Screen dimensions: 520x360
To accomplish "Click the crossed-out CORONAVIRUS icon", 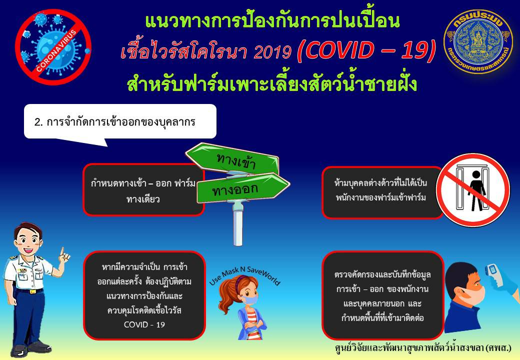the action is click(x=53, y=46).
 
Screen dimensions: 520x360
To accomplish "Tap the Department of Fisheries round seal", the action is click(x=478, y=42).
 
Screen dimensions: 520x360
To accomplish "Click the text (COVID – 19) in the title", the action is click(x=366, y=50).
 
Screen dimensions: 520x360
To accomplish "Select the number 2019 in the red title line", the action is click(x=272, y=51).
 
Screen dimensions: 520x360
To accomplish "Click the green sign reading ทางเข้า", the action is click(x=233, y=159).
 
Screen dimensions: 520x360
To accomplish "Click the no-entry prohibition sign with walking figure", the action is click(x=473, y=190).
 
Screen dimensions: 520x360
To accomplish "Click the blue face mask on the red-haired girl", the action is click(x=250, y=300).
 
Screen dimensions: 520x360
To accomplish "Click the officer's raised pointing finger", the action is click(x=62, y=251).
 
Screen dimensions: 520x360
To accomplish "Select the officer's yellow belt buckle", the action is click(x=32, y=291).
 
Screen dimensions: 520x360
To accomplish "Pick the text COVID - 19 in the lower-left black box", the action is click(x=144, y=324).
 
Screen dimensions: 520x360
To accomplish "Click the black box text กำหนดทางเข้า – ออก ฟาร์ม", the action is click(x=143, y=183).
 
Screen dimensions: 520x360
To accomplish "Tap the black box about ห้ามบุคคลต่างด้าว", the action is click(x=382, y=192).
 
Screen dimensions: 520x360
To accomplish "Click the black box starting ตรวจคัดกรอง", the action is click(x=382, y=295).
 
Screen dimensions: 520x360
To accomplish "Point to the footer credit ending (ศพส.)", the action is click(x=423, y=348).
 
